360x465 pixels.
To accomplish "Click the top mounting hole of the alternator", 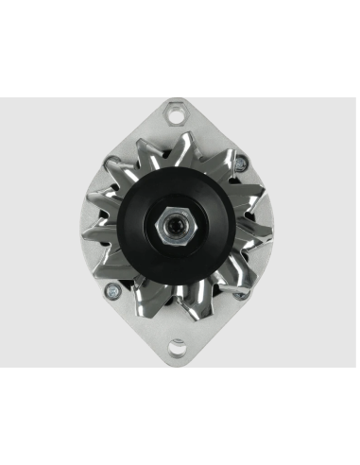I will (x=176, y=115).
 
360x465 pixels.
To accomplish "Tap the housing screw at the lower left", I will (x=111, y=290).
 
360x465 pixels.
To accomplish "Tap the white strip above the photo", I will (x=180, y=47).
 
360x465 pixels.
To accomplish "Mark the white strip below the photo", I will (x=180, y=416).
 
